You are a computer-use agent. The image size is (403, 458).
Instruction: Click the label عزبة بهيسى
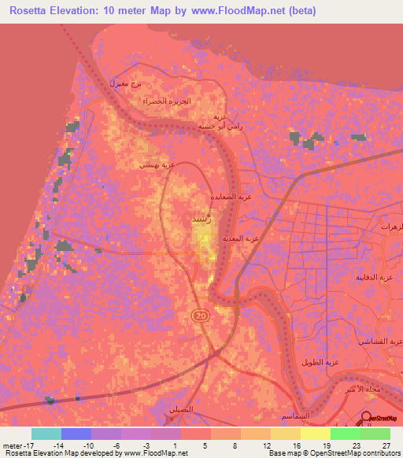(x=157, y=165)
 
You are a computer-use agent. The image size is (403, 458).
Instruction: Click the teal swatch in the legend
(x=46, y=434)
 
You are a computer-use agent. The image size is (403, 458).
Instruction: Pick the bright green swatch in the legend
(x=346, y=434)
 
